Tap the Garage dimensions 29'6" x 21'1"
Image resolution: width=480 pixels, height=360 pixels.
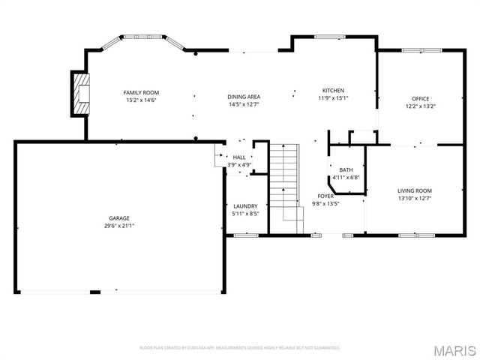tap(119, 225)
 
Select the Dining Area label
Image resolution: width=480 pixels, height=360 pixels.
tap(244, 97)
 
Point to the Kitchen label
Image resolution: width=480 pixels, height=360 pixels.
tap(333, 90)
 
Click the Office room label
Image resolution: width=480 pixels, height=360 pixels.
tap(420, 99)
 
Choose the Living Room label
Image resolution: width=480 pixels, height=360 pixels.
tap(414, 190)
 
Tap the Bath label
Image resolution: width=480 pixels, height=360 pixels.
tap(346, 170)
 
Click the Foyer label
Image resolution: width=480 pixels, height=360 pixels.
tap(325, 196)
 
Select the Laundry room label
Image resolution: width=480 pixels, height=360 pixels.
tap(245, 206)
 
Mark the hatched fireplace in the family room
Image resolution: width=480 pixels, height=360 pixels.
tap(80, 93)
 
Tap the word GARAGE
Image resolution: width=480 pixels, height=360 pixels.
tap(119, 218)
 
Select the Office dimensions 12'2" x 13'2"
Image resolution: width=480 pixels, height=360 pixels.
tap(420, 106)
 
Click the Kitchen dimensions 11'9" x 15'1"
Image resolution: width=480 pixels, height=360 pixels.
tap(333, 97)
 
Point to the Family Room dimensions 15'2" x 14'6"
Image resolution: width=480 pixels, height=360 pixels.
tap(140, 100)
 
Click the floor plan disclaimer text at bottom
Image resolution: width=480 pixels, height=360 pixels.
tap(240, 348)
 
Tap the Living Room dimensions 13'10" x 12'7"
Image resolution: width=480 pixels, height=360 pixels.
tap(414, 198)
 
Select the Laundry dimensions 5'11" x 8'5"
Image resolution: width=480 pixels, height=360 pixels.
tap(245, 214)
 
